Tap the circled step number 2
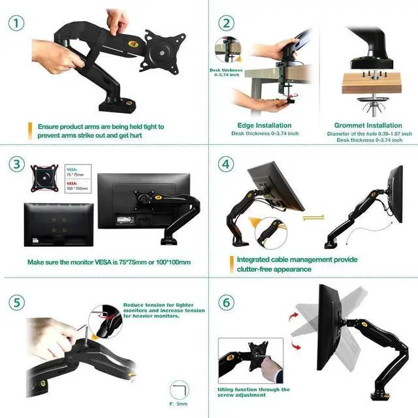click(x=226, y=24)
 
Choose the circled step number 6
click(x=226, y=302)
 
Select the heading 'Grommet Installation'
click(x=368, y=125)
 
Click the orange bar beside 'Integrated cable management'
click(x=231, y=264)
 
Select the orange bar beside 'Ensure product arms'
click(x=29, y=131)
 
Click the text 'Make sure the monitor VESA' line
click(x=109, y=262)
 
